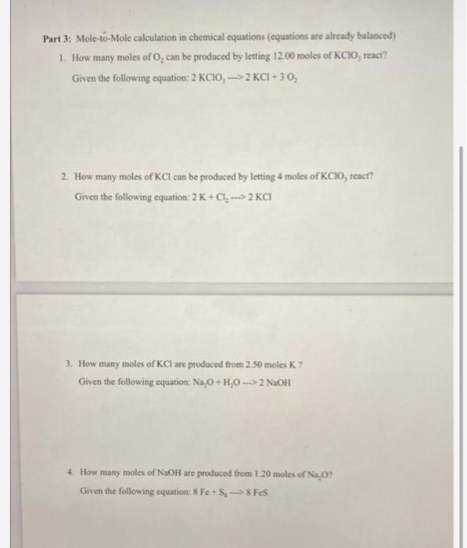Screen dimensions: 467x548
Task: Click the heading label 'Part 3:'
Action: [58, 37]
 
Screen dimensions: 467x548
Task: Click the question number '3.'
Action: [71, 364]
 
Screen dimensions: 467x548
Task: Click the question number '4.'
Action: [72, 474]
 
